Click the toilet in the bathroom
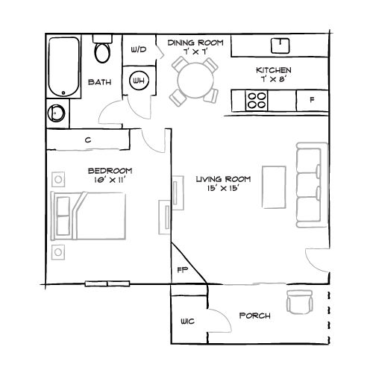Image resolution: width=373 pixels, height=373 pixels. tap(102, 51)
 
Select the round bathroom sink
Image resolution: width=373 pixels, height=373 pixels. tap(56, 114)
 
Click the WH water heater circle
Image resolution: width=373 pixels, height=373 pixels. tap(139, 80)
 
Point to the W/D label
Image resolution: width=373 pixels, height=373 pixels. tap(139, 50)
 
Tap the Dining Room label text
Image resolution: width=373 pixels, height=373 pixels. tap(195, 43)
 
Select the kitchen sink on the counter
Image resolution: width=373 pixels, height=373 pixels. tap(281, 46)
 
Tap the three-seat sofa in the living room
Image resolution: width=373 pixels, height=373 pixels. tap(310, 184)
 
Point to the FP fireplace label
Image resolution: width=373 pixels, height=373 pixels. tap(181, 270)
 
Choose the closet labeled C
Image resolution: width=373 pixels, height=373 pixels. tap(88, 140)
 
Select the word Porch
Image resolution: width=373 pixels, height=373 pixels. tap(254, 316)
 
